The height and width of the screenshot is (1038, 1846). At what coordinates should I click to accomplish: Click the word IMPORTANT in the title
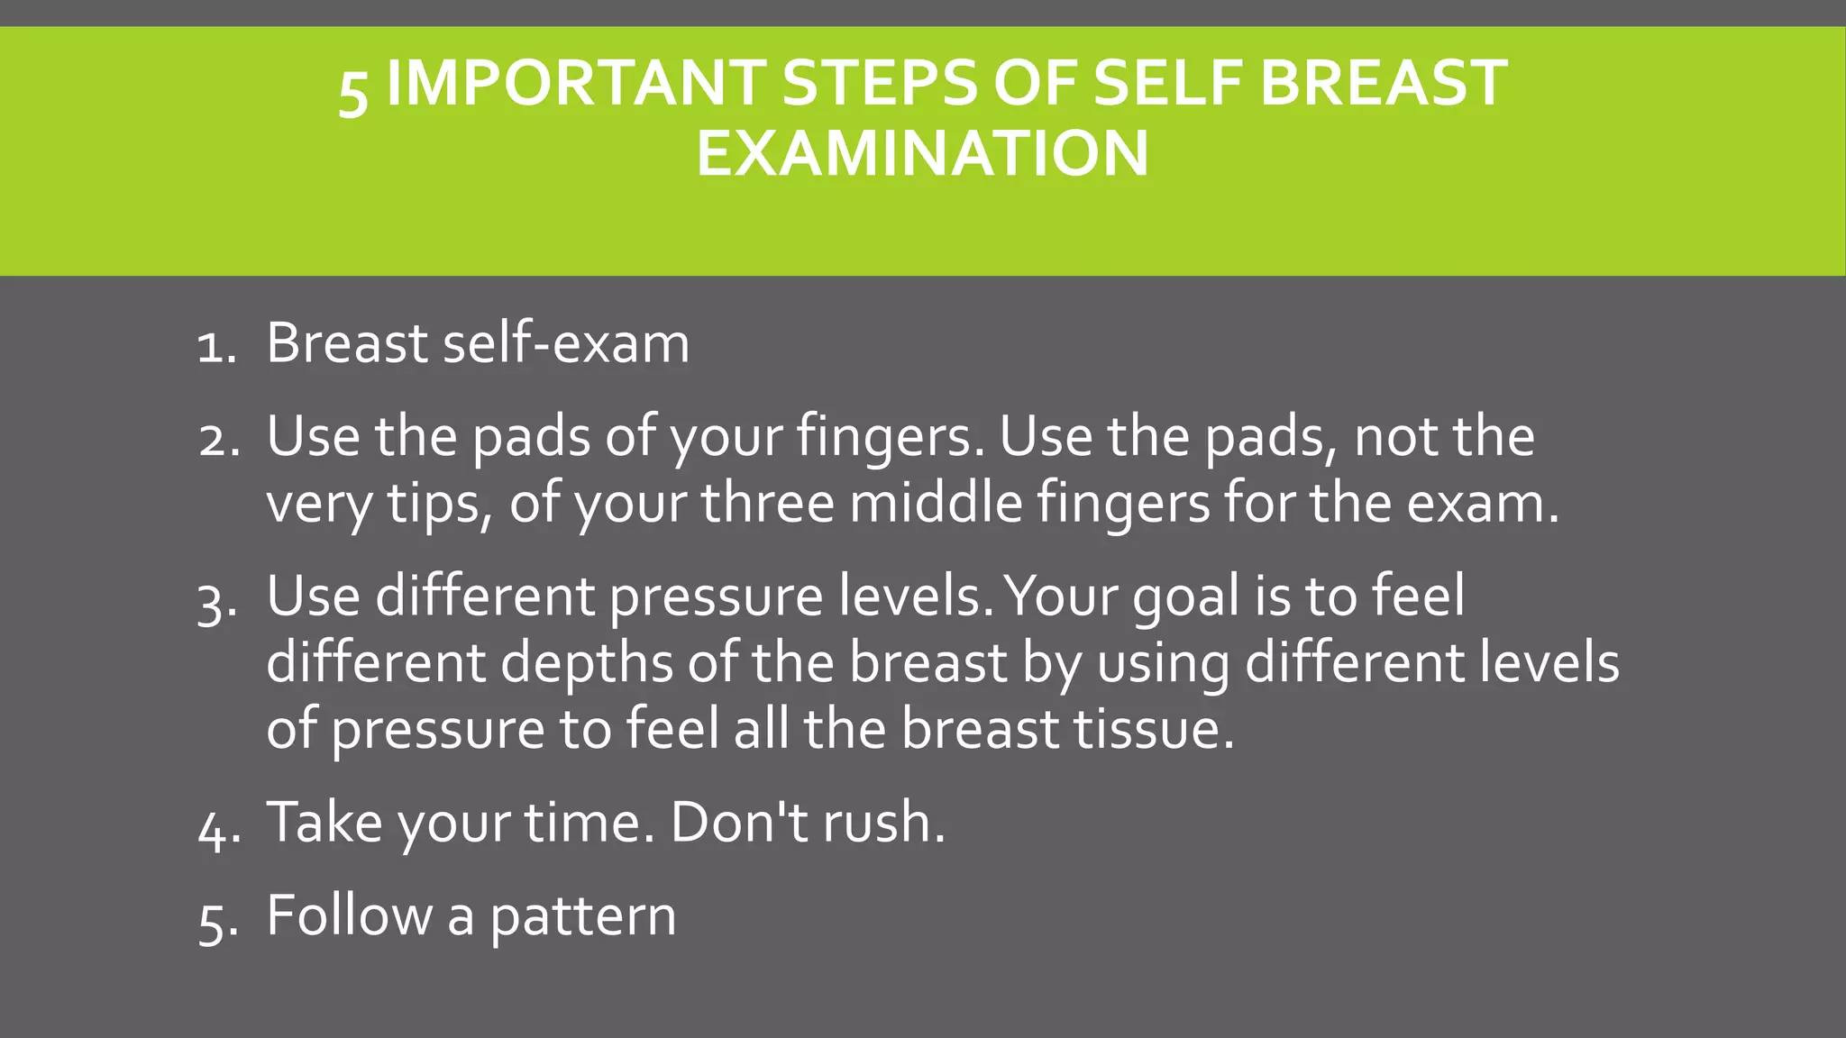point(575,83)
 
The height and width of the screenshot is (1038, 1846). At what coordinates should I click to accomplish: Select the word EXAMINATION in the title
point(922,153)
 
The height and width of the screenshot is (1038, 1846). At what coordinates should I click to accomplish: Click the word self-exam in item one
point(566,344)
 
